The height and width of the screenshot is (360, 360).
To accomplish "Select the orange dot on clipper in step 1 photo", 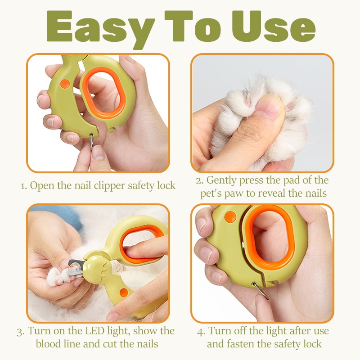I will click(65, 83).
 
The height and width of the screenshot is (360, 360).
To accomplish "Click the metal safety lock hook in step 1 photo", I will click(92, 140).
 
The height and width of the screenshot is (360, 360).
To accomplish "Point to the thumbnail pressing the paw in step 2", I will click(269, 109).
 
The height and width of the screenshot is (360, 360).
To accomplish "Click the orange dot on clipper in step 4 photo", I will click(230, 217).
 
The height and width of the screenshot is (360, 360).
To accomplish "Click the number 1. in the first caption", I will click(25, 185).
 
